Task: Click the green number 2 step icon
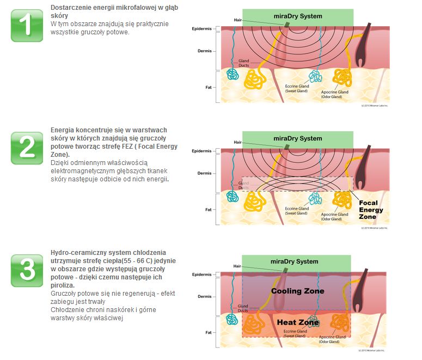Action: tap(27, 147)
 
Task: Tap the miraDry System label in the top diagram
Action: tap(297, 16)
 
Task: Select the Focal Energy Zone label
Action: tap(371, 210)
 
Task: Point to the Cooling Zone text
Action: tap(297, 291)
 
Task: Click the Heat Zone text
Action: tap(297, 322)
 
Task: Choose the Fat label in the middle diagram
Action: tap(207, 209)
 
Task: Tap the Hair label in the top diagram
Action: tap(237, 20)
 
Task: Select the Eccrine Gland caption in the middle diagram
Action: tap(297, 210)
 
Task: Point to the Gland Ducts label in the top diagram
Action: tap(243, 64)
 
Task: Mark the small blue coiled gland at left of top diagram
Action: tap(233, 75)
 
